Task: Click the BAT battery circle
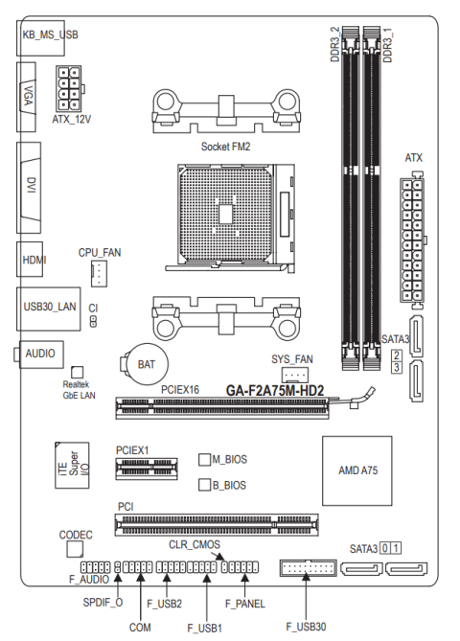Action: [x=147, y=364]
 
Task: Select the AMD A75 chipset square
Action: [x=357, y=470]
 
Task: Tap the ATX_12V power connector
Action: [x=69, y=89]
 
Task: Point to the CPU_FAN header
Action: [x=99, y=273]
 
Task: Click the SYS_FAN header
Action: [x=295, y=375]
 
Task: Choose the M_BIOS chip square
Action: [x=204, y=460]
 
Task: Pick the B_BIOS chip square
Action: [x=204, y=485]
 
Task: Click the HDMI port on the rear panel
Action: [x=30, y=260]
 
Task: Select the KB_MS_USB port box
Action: [x=40, y=37]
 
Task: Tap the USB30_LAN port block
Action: [x=48, y=309]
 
